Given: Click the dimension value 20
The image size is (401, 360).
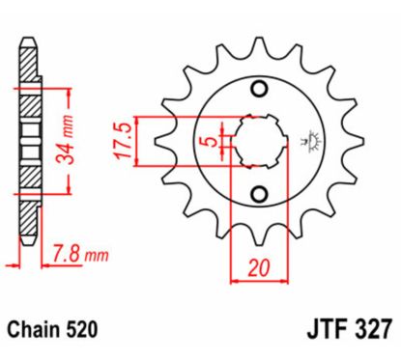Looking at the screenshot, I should pyautogui.click(x=258, y=268).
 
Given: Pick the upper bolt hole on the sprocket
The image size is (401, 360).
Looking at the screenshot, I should pyautogui.click(x=258, y=90).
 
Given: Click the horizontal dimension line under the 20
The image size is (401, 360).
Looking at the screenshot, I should pyautogui.click(x=258, y=281).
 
